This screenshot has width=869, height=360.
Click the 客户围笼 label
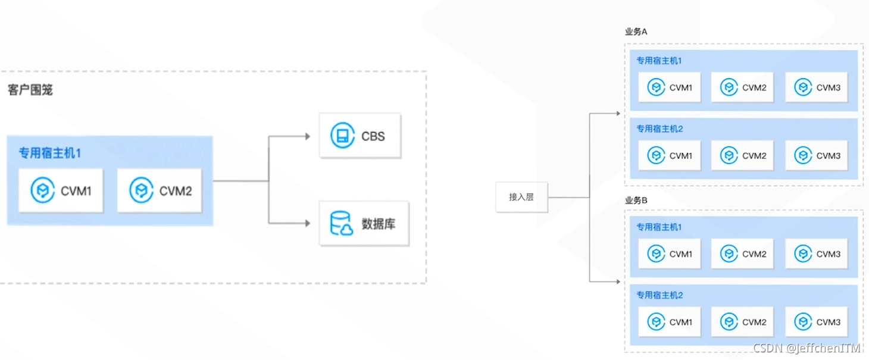click(x=30, y=90)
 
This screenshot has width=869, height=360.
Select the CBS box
click(x=360, y=136)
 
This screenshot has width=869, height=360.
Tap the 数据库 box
click(x=364, y=224)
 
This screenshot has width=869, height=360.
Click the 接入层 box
click(x=521, y=197)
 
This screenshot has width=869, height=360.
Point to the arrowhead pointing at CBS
click(x=307, y=136)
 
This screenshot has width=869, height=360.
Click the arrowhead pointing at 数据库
click(x=307, y=223)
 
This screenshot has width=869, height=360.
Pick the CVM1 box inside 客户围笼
click(x=61, y=191)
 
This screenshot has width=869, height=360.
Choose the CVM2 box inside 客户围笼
click(x=160, y=191)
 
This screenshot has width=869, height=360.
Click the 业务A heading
click(x=636, y=32)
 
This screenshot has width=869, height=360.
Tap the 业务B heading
click(x=636, y=201)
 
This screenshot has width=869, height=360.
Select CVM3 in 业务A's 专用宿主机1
click(x=817, y=87)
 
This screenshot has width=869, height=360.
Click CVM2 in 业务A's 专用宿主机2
click(x=742, y=155)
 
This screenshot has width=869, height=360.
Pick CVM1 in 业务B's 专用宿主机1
click(x=669, y=254)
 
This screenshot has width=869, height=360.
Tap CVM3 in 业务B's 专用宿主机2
click(x=817, y=322)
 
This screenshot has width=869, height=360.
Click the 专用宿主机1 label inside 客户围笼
click(x=49, y=153)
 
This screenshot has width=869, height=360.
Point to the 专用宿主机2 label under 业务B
click(x=659, y=295)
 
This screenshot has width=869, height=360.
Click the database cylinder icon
click(x=342, y=223)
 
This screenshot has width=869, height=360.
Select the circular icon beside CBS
click(x=342, y=136)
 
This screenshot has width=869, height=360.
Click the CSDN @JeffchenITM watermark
click(x=807, y=349)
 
